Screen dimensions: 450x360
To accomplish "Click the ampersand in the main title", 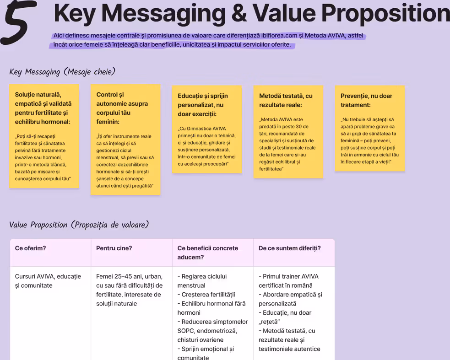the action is [239, 13].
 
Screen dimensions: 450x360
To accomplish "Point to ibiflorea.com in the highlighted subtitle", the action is [279, 36].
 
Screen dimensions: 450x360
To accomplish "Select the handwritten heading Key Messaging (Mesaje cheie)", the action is [62, 72].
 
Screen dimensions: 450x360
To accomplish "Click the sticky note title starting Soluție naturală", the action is [43, 108].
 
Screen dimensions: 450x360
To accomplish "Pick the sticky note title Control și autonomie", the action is [122, 108].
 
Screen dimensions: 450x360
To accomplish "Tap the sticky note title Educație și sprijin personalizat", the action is [203, 105].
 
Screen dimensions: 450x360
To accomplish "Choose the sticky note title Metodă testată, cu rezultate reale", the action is [286, 100].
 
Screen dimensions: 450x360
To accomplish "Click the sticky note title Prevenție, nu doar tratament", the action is [366, 100].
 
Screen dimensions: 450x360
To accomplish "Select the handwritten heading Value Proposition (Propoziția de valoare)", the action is [79, 225].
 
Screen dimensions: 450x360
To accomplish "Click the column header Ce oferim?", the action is [30, 248].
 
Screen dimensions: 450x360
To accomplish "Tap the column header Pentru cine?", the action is [114, 248].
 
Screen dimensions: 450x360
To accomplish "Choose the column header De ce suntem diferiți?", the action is [290, 248].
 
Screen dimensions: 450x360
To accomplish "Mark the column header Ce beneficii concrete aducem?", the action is [207, 253].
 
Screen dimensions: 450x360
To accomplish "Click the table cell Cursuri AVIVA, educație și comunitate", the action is [48, 281].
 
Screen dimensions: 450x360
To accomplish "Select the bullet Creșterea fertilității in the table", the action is [206, 295].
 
